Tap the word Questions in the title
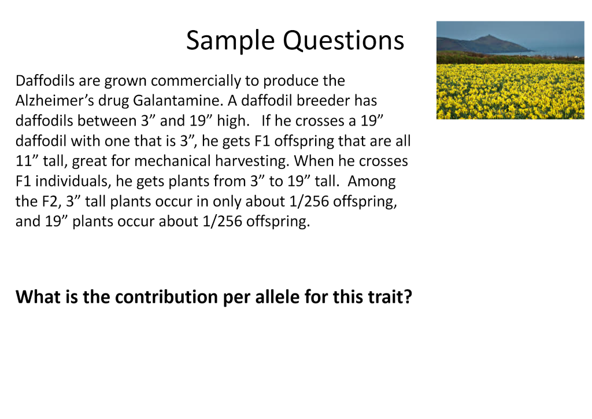[343, 41]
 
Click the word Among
[372, 181]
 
